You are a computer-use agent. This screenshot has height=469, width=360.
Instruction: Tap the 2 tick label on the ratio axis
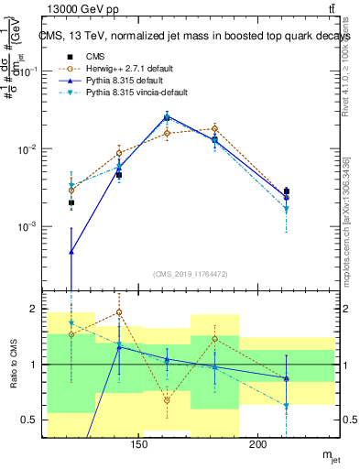38,309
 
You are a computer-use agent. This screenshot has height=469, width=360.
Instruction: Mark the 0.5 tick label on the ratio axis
35,420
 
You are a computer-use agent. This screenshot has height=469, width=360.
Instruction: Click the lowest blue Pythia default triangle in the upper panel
71,251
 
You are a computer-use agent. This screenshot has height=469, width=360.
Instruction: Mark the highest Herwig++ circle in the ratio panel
119,312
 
